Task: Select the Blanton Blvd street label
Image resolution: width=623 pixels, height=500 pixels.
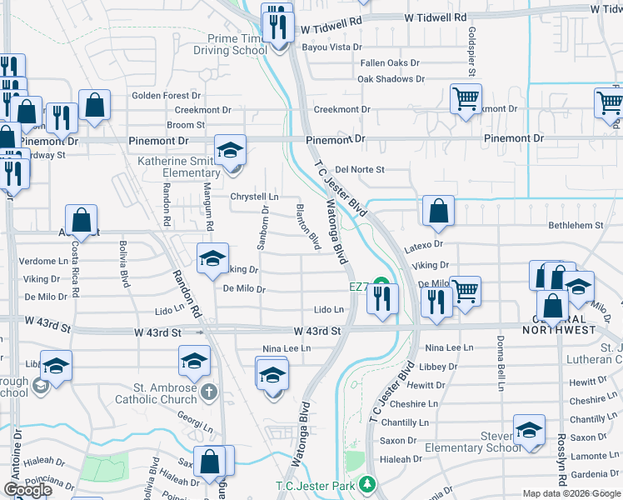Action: (308, 226)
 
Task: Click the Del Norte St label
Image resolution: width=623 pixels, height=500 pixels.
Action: (359, 169)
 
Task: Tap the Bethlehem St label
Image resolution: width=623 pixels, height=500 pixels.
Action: (576, 225)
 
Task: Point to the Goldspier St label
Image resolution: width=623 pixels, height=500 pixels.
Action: (471, 52)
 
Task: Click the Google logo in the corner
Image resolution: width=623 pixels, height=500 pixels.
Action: (28, 490)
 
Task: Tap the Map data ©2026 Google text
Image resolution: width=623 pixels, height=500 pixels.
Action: (572, 493)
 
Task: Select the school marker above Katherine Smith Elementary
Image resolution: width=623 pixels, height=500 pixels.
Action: (231, 150)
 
